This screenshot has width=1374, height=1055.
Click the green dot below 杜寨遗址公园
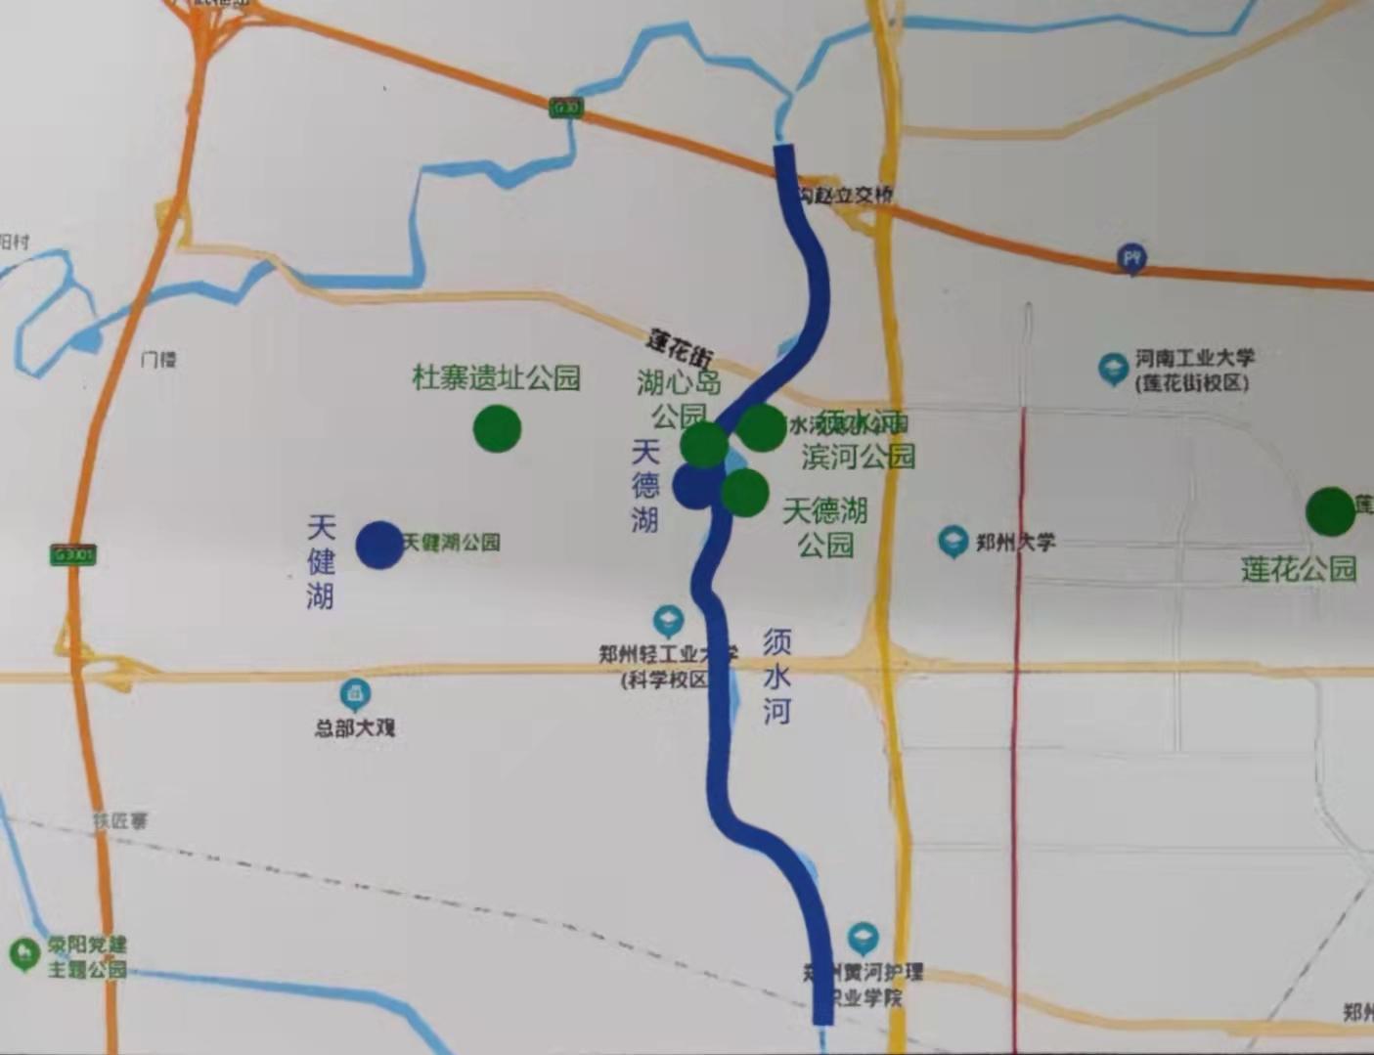tap(497, 428)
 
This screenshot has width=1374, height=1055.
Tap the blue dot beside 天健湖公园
tap(379, 545)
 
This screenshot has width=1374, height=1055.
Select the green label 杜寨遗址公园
tap(496, 377)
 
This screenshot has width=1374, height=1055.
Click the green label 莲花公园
tap(1299, 568)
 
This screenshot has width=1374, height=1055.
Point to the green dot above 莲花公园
tap(1331, 511)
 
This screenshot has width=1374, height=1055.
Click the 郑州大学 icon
tap(953, 542)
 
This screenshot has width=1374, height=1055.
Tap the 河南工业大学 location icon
tap(1112, 369)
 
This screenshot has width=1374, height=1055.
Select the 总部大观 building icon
tap(354, 695)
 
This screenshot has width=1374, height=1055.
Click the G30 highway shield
tap(564, 107)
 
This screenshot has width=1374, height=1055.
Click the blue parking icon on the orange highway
tap(1132, 259)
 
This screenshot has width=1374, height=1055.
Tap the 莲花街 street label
tap(681, 347)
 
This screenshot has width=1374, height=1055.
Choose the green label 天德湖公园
tap(825, 527)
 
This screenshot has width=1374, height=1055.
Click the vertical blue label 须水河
tap(776, 676)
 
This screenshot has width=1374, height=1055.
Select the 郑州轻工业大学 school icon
tap(668, 621)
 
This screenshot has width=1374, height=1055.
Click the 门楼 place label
tap(157, 360)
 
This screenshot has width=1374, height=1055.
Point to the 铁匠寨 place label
tap(120, 821)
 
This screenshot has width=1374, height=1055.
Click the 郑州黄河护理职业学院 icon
tap(862, 939)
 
